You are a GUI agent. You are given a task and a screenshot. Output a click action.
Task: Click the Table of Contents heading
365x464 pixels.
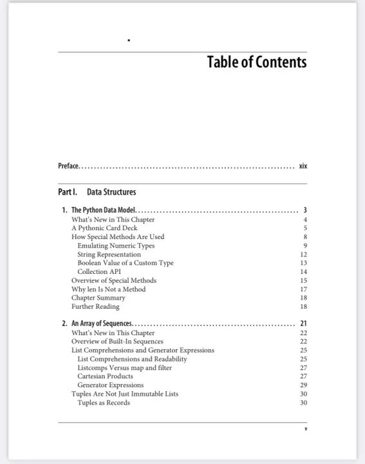pyautogui.click(x=256, y=63)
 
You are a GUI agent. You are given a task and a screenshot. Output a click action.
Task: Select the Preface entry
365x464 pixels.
pyautogui.click(x=68, y=166)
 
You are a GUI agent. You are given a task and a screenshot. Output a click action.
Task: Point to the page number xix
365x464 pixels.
pyautogui.click(x=303, y=166)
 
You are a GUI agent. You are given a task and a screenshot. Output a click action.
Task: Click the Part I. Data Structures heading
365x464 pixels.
pyautogui.click(x=97, y=192)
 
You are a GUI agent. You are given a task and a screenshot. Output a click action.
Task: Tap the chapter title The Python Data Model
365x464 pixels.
pyautogui.click(x=103, y=210)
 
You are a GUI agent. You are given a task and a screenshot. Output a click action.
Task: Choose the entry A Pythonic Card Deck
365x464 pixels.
pyautogui.click(x=98, y=228)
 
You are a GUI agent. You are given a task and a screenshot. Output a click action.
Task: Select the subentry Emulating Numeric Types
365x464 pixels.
pyautogui.click(x=116, y=246)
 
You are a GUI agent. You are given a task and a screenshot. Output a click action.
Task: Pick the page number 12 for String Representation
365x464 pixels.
pyautogui.click(x=303, y=255)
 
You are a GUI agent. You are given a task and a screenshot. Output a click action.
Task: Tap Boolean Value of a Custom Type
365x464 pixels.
pyautogui.click(x=125, y=263)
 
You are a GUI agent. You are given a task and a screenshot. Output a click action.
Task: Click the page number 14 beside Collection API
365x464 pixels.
pyautogui.click(x=303, y=272)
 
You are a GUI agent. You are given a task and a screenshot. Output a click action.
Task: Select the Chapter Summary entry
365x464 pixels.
pyautogui.click(x=98, y=298)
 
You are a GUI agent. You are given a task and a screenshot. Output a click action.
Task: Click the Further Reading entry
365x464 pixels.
pyautogui.click(x=95, y=307)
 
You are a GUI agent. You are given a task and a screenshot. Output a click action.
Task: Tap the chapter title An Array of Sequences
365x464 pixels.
pyautogui.click(x=102, y=324)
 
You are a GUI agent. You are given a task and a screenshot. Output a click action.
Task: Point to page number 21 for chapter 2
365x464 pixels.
pyautogui.click(x=303, y=324)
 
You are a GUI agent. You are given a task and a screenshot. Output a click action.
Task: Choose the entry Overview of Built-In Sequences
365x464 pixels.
pyautogui.click(x=117, y=342)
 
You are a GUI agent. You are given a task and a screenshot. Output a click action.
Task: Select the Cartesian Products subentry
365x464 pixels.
pyautogui.click(x=105, y=376)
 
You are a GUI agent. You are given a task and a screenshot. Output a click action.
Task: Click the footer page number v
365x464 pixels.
pyautogui.click(x=305, y=429)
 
